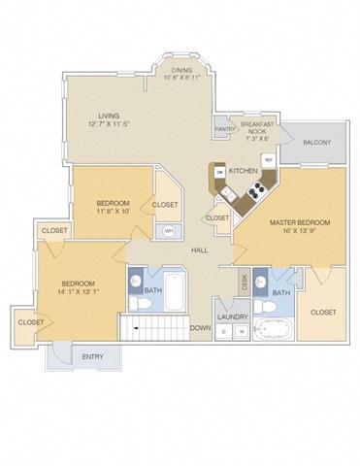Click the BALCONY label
315,143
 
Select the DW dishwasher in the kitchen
220,173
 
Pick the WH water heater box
168,230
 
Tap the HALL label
199,250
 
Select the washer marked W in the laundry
240,331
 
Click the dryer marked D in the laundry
224,331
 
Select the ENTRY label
92,357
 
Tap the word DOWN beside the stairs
200,327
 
